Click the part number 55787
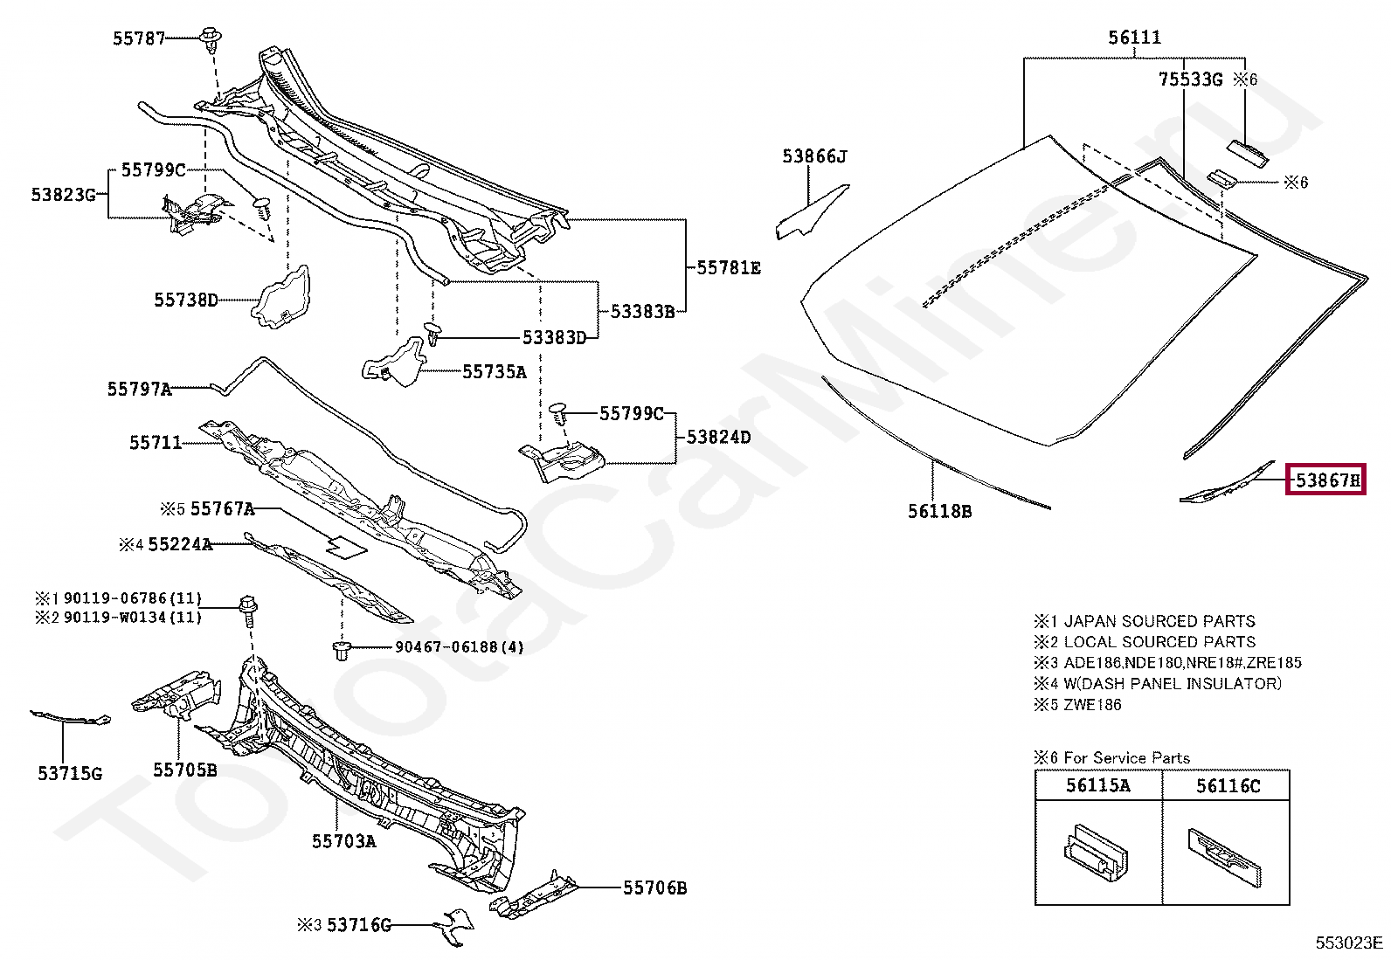(138, 38)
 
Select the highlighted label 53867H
(1325, 480)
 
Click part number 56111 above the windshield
(1134, 38)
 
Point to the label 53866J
(814, 156)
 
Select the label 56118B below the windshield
(939, 511)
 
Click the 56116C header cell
(1228, 785)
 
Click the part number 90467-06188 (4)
(459, 647)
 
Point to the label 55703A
(343, 841)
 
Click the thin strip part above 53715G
(70, 719)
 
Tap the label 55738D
(185, 300)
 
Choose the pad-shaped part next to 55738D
(281, 297)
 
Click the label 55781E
(728, 268)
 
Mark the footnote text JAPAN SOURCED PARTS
(1159, 621)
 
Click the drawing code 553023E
(1349, 943)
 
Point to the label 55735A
(494, 372)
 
